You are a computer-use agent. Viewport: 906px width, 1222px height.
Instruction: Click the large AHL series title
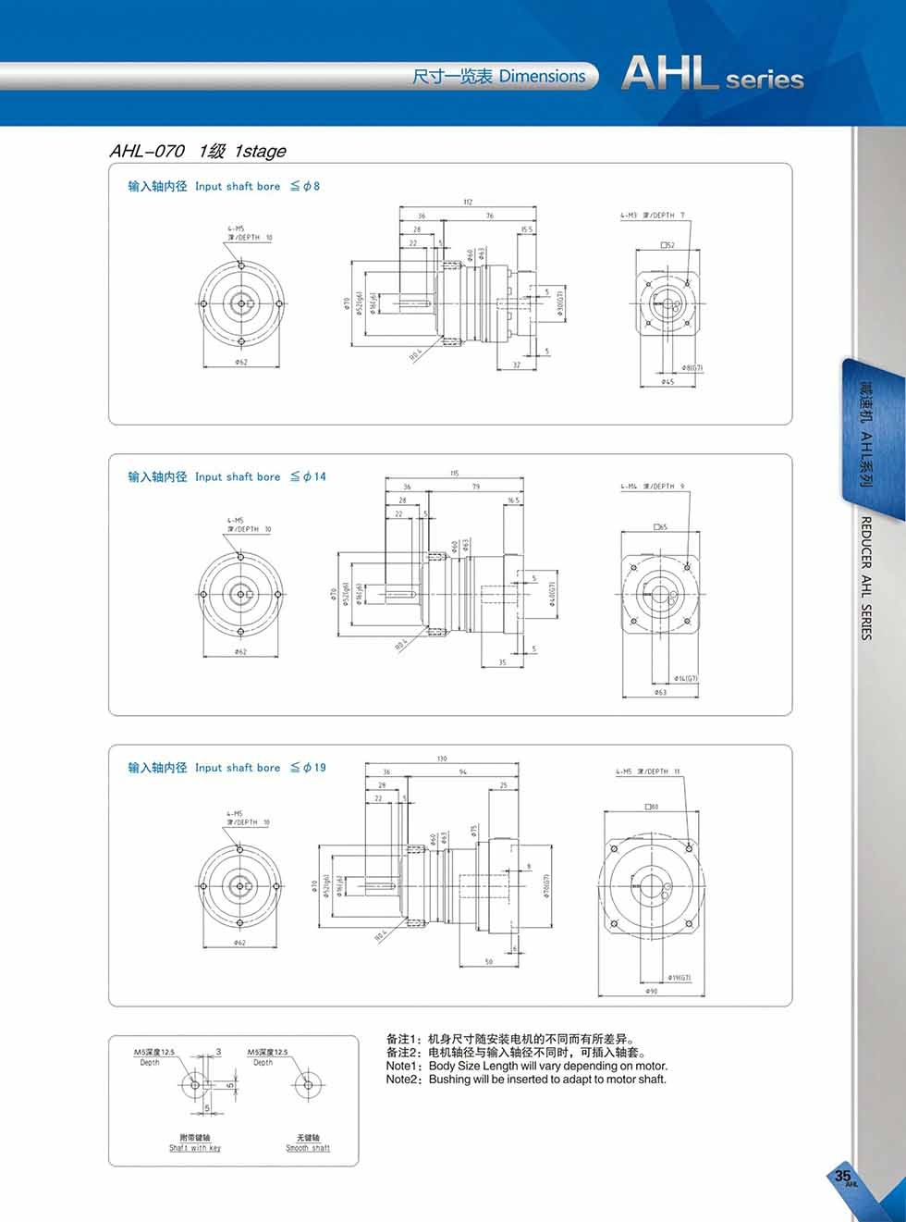pos(712,74)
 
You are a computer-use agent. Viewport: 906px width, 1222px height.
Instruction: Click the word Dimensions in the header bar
pos(542,77)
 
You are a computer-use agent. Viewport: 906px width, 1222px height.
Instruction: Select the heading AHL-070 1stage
pos(198,151)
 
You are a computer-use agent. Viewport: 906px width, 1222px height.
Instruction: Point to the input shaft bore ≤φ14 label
pos(226,476)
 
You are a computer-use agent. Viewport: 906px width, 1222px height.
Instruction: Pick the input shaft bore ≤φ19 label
pos(226,768)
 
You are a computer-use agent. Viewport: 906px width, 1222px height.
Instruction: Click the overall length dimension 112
pos(469,203)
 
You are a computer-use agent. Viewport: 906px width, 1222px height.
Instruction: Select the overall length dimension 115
pos(455,473)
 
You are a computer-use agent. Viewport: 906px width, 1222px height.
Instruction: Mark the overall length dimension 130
pos(442,759)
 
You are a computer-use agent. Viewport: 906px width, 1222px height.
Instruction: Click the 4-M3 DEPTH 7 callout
pos(653,216)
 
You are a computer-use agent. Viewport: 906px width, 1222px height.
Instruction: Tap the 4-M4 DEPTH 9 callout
pos(652,486)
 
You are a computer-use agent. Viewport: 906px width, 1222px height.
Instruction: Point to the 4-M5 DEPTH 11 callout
pos(647,771)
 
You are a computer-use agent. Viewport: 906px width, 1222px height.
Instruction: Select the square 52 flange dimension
pos(668,245)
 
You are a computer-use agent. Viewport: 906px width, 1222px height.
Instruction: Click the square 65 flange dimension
pos(660,526)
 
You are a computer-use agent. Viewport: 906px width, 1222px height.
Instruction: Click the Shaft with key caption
pos(195,1148)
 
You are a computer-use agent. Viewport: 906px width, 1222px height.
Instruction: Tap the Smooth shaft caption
pos(308,1148)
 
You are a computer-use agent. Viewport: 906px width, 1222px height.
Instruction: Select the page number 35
pos(842,1176)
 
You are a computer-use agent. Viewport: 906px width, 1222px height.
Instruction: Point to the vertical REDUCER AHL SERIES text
pos(866,578)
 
